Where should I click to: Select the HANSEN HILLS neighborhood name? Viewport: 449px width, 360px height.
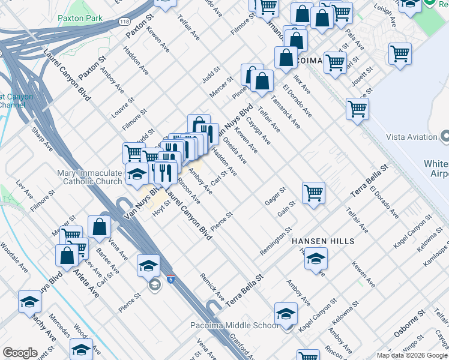[x=322, y=241]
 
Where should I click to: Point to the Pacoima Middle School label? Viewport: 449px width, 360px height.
[x=244, y=325]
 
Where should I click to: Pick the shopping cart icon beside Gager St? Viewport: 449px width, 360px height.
[x=313, y=193]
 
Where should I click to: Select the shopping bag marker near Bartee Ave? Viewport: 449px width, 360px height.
[x=100, y=226]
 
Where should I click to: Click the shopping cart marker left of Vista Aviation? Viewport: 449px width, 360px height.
[x=357, y=109]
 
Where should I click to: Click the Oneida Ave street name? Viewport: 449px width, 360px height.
[x=235, y=151]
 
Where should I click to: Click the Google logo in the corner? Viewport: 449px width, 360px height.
[x=20, y=353]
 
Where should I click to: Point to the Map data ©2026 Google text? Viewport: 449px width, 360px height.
[x=411, y=355]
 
